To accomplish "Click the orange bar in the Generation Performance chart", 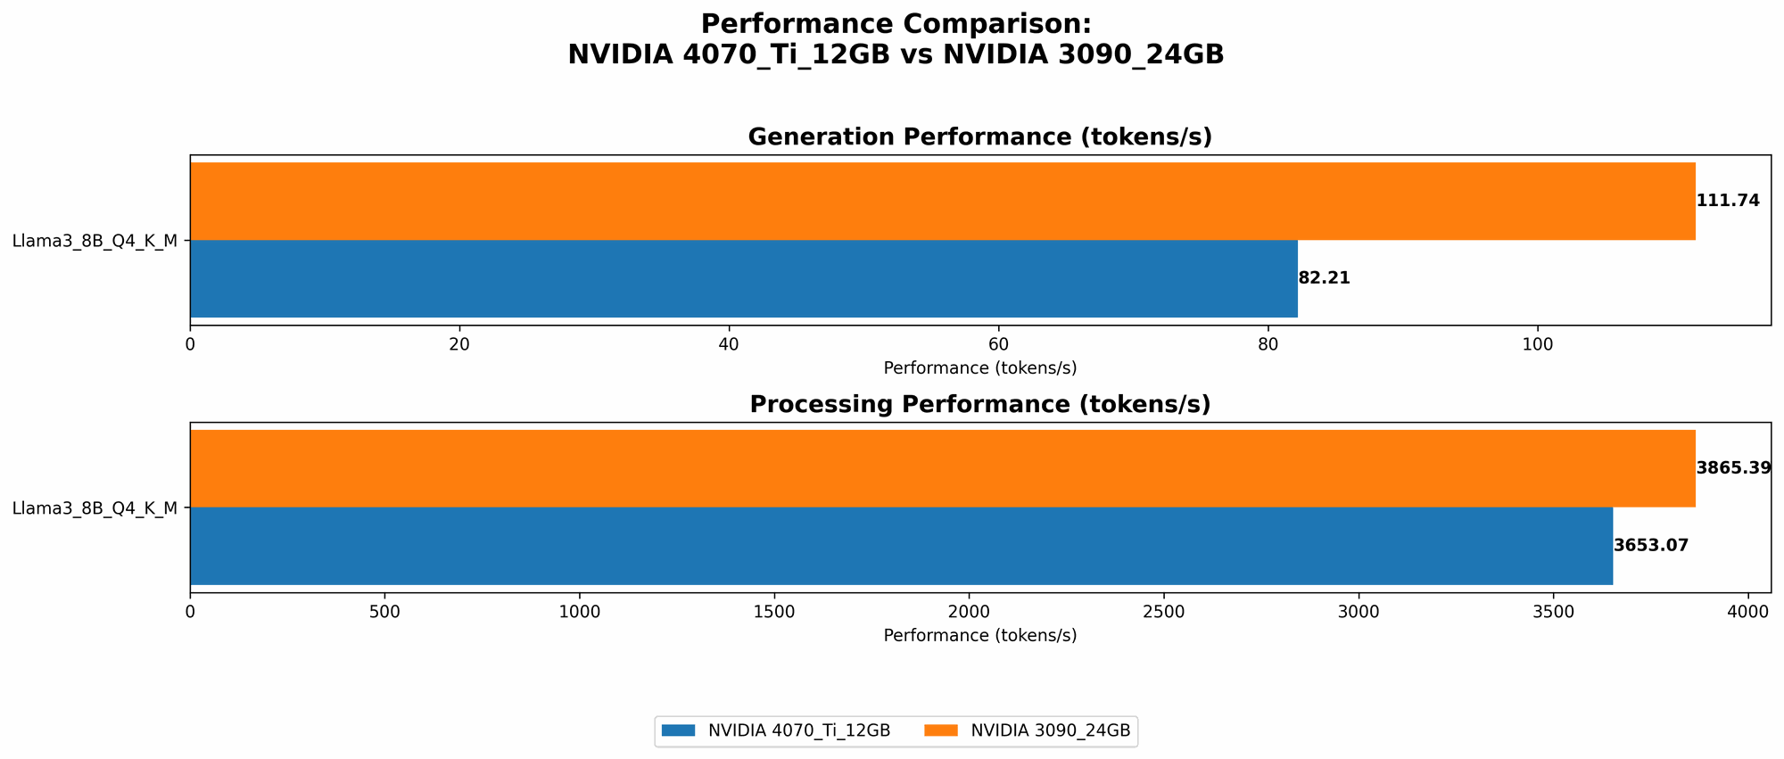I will click(942, 201).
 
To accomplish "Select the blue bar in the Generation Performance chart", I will click(743, 278).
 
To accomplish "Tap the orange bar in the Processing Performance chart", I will click(942, 468).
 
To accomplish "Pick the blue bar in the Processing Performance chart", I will click(901, 546).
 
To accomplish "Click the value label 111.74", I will click(1728, 201).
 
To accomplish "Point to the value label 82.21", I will click(1324, 278).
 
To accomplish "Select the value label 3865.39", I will click(1733, 468).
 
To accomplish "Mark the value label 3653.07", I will click(1651, 546).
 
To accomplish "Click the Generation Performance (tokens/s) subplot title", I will click(979, 136).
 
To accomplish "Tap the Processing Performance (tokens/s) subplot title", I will click(979, 404).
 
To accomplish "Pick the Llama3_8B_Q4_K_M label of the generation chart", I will click(95, 241).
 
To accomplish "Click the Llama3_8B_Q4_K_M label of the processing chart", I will click(95, 508).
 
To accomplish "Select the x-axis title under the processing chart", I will click(979, 636).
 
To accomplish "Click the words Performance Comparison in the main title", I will click(896, 24).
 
